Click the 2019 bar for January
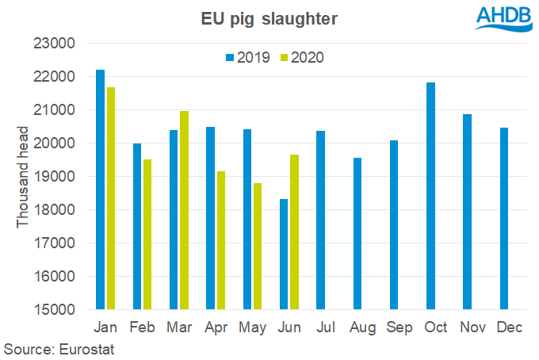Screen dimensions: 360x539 coord(100,190)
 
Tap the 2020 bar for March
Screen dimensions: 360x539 coord(185,210)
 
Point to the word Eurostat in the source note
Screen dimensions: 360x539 coord(81,348)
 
